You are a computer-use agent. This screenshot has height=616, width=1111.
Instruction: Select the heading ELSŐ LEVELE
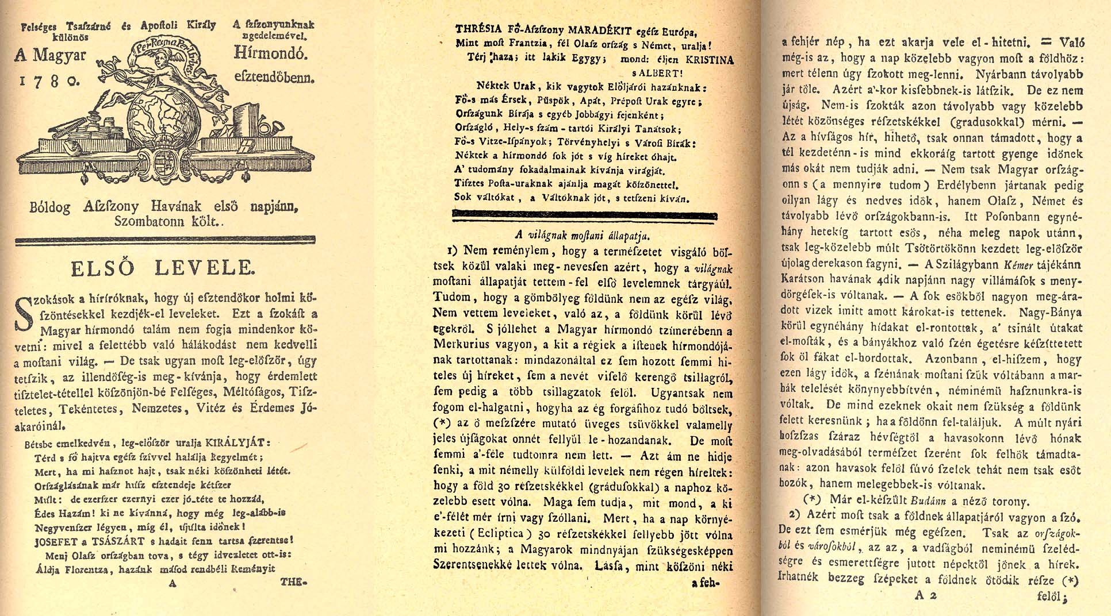point(162,268)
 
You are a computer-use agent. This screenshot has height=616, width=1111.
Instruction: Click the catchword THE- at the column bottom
point(294,582)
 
